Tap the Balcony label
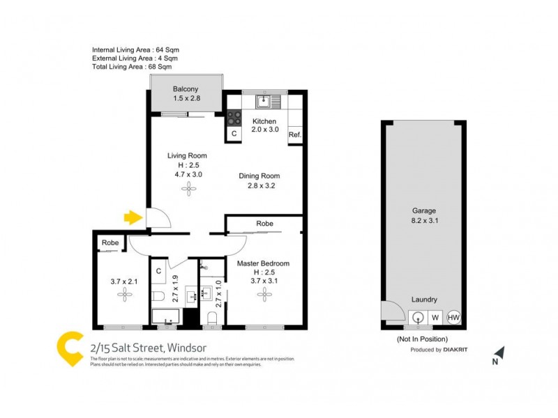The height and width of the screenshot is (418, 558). (x=186, y=89)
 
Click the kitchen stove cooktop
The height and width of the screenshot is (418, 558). (x=234, y=118)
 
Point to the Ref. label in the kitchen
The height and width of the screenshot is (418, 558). (x=294, y=134)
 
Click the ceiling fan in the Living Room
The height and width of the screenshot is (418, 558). (x=188, y=189)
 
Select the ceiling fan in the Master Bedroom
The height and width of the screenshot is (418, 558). (x=264, y=295)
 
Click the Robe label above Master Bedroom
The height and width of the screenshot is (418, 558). (x=264, y=224)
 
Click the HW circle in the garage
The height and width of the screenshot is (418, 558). (x=453, y=317)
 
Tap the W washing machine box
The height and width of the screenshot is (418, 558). (x=435, y=317)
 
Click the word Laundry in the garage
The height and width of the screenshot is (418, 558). (x=423, y=300)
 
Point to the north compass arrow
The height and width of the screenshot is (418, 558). (x=498, y=354)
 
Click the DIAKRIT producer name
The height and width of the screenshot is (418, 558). (x=457, y=350)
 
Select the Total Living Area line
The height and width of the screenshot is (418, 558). (x=132, y=67)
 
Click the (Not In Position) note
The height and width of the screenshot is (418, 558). (x=423, y=339)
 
